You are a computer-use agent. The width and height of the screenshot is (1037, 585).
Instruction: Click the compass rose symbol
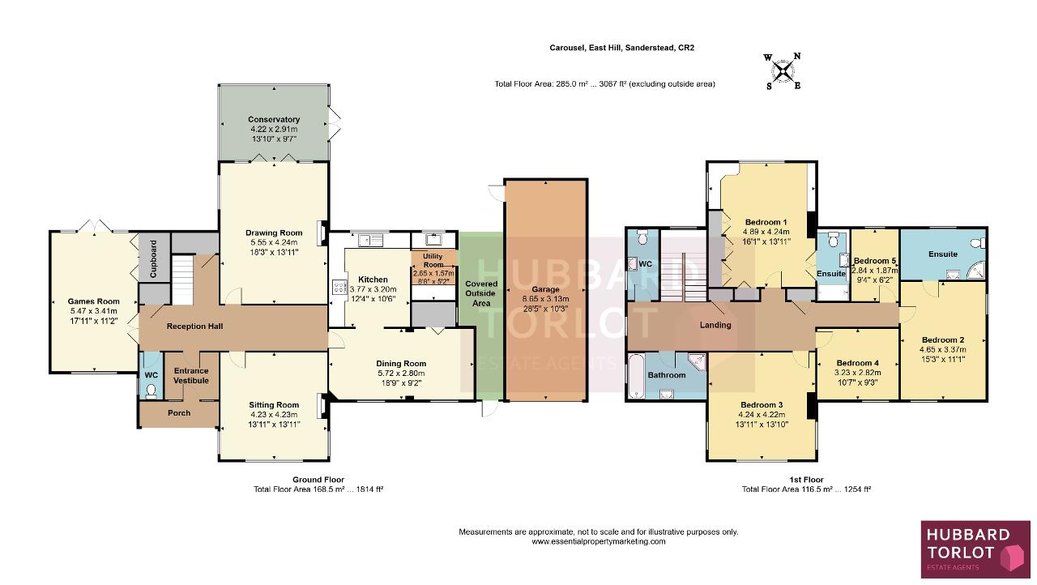click(x=783, y=70)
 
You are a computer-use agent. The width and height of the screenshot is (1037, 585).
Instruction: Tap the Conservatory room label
click(x=274, y=119)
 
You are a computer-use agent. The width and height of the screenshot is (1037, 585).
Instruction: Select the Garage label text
click(x=545, y=289)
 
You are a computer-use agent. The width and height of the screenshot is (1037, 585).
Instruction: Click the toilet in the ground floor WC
click(x=151, y=392)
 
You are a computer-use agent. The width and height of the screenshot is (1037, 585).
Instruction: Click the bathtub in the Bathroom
click(x=637, y=376)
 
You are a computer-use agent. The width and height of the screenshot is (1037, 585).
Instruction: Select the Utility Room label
click(x=433, y=261)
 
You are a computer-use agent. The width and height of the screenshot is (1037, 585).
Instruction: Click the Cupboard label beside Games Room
click(x=153, y=258)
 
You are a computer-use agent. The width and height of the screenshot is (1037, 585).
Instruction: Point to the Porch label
click(x=179, y=413)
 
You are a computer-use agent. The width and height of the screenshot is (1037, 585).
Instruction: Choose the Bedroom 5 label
click(x=871, y=261)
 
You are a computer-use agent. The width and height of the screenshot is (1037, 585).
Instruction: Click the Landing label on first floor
click(x=715, y=325)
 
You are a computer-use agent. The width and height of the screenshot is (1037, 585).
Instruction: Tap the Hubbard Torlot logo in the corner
click(x=975, y=549)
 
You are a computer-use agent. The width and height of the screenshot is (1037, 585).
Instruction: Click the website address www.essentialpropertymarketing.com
click(x=598, y=541)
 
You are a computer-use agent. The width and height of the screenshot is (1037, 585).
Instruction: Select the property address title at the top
click(x=621, y=48)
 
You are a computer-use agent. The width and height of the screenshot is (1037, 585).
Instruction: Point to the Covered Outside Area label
click(x=481, y=293)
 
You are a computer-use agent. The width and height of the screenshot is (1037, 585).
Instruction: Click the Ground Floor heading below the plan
click(x=318, y=480)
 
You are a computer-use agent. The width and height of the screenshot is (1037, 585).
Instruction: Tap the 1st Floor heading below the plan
click(x=806, y=480)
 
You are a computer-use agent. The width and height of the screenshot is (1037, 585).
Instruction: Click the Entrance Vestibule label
click(x=191, y=375)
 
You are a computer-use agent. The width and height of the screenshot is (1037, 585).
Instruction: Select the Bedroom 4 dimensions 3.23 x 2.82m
click(x=857, y=373)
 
